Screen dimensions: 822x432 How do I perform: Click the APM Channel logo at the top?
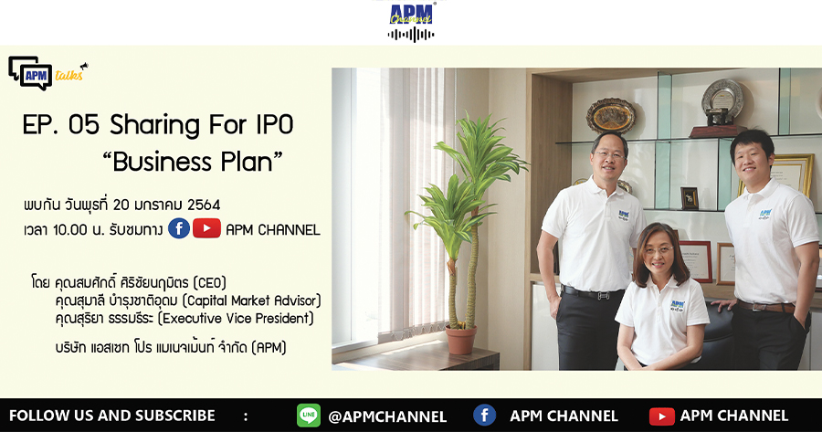[411, 21]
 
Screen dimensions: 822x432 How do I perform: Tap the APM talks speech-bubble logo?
[47, 73]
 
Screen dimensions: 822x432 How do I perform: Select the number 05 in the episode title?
[83, 125]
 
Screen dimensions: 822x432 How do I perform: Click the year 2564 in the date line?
[204, 205]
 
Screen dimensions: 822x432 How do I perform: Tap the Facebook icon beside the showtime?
[179, 229]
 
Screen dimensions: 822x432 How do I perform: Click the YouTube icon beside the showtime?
[206, 228]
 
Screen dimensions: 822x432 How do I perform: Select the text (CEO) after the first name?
[209, 283]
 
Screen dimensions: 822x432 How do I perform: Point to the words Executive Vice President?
[236, 318]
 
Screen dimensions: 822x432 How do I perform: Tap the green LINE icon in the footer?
[309, 416]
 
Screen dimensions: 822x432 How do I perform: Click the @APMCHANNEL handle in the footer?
[387, 416]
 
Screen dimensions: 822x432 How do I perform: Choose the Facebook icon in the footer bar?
[484, 416]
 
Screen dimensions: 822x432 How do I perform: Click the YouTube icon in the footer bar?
[661, 416]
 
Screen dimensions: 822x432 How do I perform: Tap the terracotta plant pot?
[461, 340]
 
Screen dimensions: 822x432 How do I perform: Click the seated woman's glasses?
[659, 250]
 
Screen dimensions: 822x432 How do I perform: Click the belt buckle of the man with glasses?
[604, 295]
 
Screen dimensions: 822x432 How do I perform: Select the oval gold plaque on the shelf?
[611, 116]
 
